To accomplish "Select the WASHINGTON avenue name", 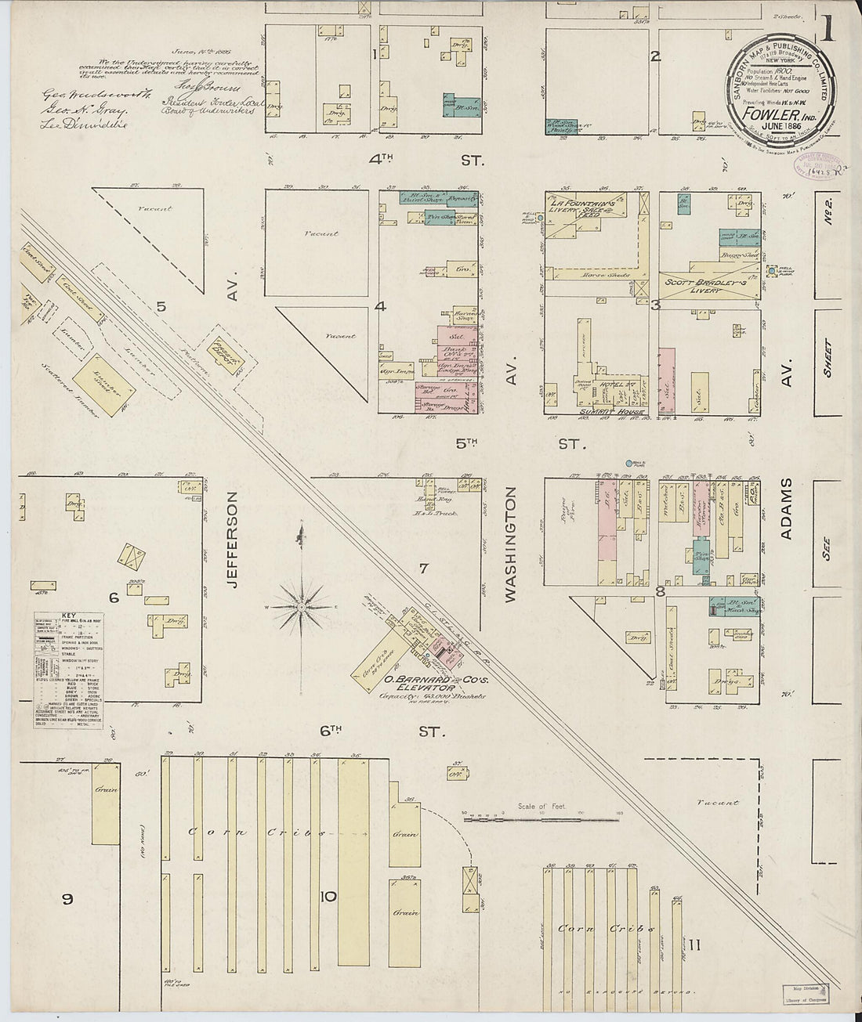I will point(510,544).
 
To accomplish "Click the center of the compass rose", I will point(301,607).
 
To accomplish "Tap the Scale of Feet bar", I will point(541,820).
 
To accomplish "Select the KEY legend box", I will point(69,670).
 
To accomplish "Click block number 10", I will point(328,897).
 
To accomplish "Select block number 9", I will point(68,899).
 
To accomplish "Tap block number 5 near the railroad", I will point(161,307).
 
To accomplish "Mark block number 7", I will point(423,569).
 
